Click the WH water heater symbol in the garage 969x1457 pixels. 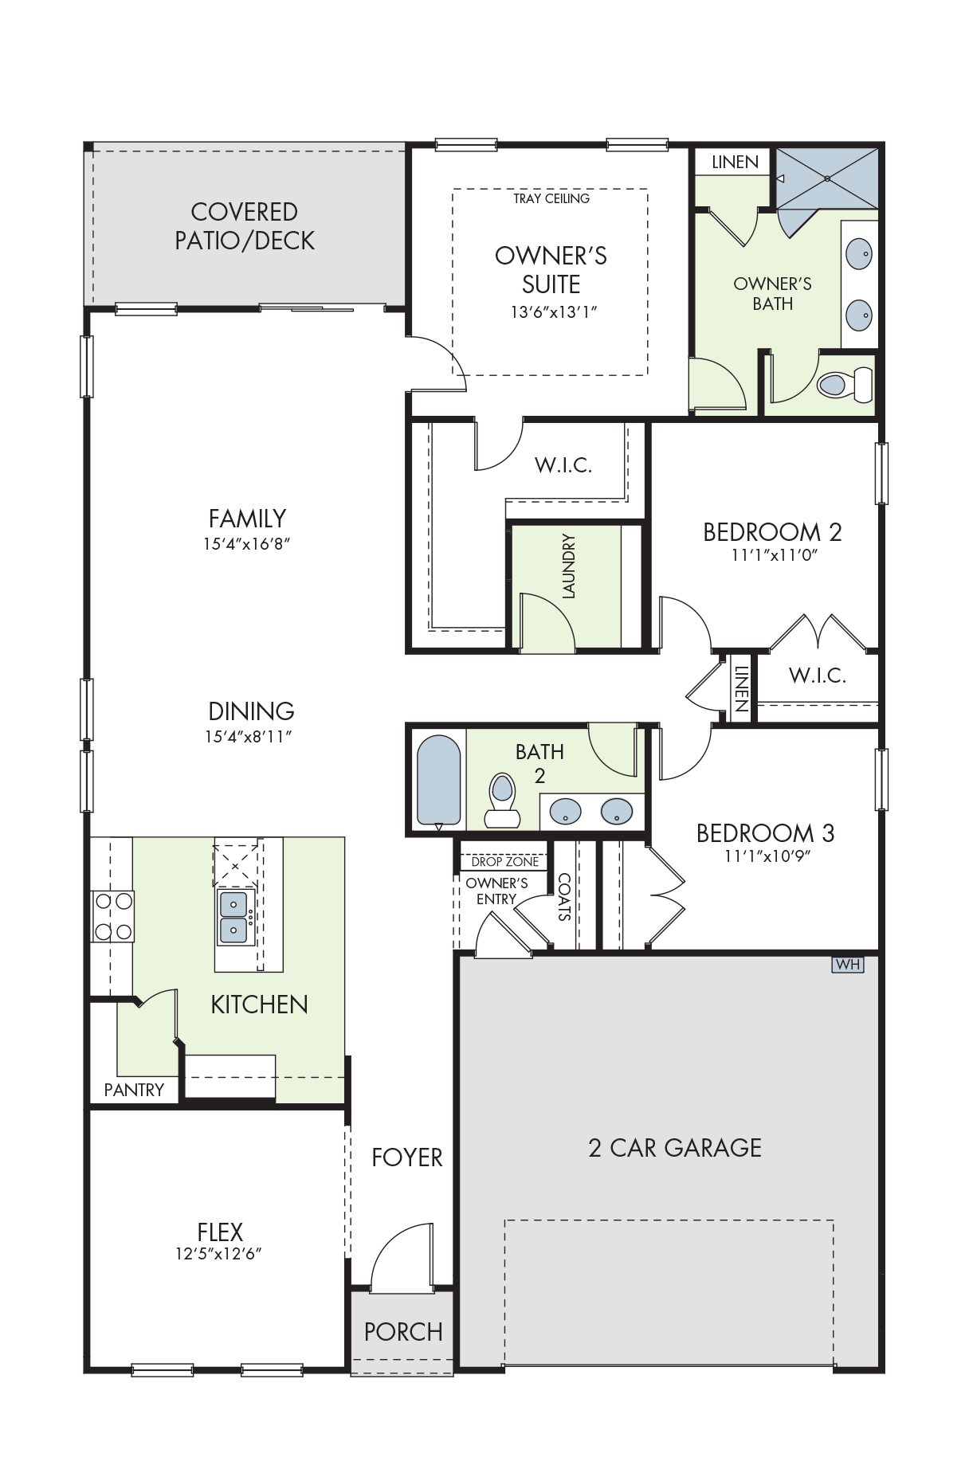click(847, 964)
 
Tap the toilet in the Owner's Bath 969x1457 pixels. click(845, 385)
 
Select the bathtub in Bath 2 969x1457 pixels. click(439, 781)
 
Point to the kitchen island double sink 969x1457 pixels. click(234, 917)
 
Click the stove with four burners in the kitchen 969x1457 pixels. click(113, 916)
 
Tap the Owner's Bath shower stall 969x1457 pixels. click(827, 179)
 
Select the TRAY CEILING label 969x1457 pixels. click(551, 198)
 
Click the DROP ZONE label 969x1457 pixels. click(505, 861)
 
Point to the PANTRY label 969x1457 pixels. click(134, 1090)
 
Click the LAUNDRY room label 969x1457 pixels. click(568, 566)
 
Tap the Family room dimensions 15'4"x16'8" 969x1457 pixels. click(247, 544)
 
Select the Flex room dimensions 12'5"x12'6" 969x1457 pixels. click(219, 1254)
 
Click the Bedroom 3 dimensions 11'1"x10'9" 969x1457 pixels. click(767, 856)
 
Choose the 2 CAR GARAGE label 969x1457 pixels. click(675, 1148)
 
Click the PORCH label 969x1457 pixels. click(403, 1332)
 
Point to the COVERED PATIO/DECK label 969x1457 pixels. click(245, 226)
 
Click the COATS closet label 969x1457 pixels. click(564, 898)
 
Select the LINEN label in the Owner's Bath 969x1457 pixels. click(735, 163)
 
